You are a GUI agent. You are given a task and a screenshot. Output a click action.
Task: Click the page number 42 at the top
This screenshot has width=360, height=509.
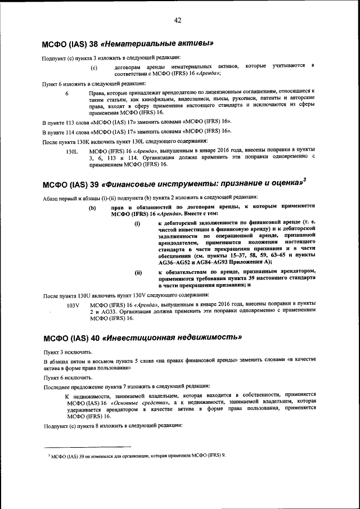177,21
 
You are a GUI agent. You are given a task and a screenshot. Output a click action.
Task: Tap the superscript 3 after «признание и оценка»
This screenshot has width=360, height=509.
304,179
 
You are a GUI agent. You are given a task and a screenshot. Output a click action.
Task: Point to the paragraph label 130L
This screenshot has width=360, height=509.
71,152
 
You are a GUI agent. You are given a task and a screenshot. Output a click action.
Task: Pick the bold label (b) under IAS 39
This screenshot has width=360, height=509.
92,208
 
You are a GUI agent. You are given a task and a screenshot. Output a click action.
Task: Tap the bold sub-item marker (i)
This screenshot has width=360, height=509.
137,224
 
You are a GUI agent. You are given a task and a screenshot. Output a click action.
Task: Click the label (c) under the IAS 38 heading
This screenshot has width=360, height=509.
94,67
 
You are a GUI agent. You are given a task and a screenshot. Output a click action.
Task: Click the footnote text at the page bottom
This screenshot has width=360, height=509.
138,455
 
